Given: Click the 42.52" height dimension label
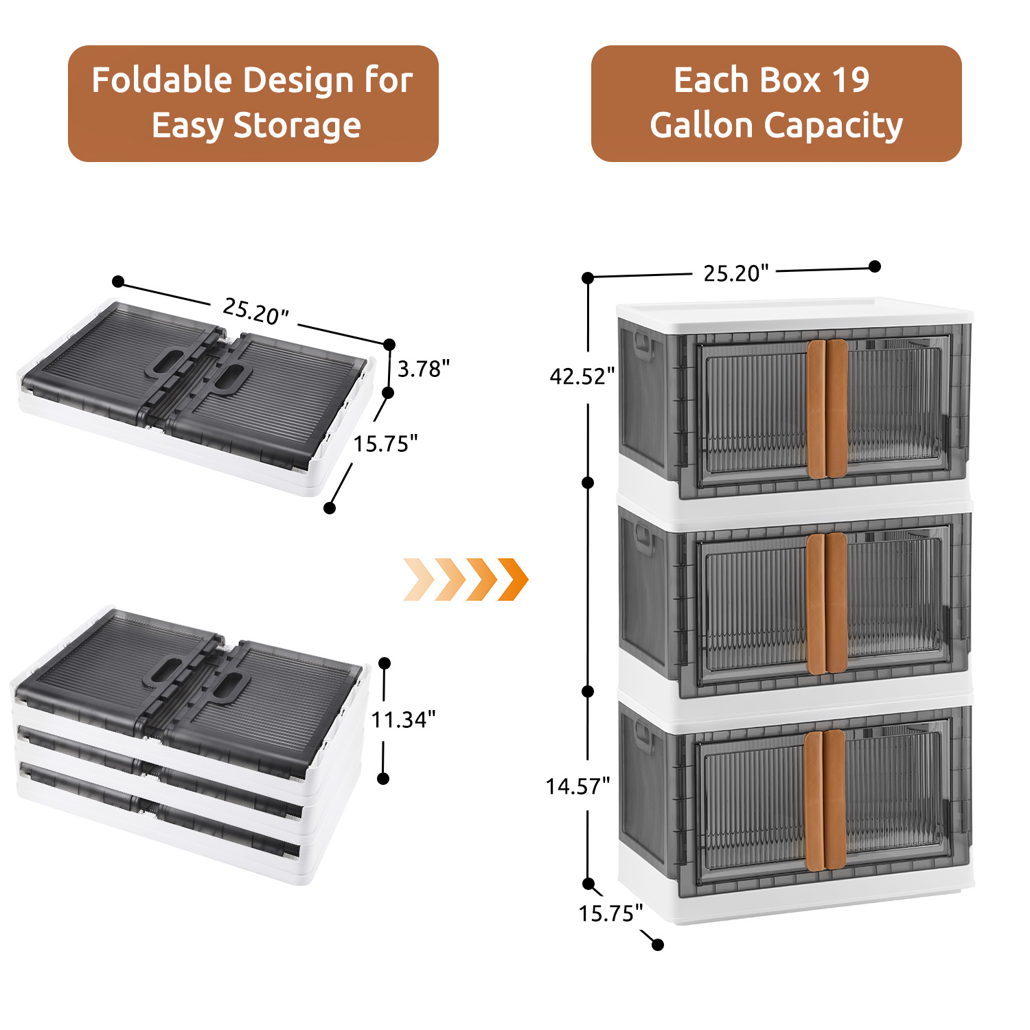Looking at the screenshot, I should click(x=582, y=376).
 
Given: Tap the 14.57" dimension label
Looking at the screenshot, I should click(x=577, y=786).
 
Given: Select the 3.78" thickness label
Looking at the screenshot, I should click(x=423, y=369).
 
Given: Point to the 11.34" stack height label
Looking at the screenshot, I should click(x=403, y=720).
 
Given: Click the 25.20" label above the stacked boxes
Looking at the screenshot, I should click(x=735, y=273).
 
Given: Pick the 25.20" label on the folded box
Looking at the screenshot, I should click(x=255, y=311).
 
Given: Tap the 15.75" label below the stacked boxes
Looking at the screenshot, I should click(x=610, y=913).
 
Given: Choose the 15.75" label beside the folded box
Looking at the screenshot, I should click(x=385, y=444).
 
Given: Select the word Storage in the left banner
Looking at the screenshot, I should click(x=297, y=126).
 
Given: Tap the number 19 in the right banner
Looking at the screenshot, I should click(x=851, y=80).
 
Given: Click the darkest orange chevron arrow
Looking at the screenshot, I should click(x=514, y=580).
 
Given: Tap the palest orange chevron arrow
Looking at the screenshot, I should click(x=417, y=580).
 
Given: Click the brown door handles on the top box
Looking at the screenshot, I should click(x=827, y=408).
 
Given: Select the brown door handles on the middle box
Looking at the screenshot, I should click(x=827, y=603).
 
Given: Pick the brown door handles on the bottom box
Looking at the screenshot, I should click(x=825, y=800).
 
